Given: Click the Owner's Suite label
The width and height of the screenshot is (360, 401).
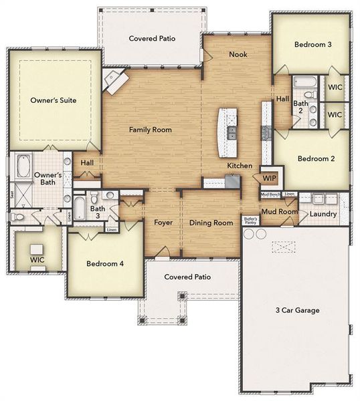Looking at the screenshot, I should pyautogui.click(x=53, y=100).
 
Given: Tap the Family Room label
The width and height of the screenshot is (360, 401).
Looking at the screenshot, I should pyautogui.click(x=151, y=130).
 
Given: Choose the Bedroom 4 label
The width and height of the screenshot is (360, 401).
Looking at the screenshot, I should pyautogui.click(x=105, y=263).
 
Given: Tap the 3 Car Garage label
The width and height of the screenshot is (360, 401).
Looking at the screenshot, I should pyautogui.click(x=298, y=310).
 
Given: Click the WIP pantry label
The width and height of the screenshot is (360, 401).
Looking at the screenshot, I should pyautogui.click(x=269, y=178).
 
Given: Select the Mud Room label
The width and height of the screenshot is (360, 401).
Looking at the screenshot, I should pyautogui.click(x=278, y=212).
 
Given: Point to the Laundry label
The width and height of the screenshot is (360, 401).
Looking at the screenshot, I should pyautogui.click(x=323, y=214).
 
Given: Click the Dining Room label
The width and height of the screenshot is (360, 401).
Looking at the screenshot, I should pyautogui.click(x=211, y=223).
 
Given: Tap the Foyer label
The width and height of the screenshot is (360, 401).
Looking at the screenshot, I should pyautogui.click(x=164, y=223).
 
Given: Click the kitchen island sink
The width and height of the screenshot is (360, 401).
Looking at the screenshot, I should pyautogui.click(x=232, y=131).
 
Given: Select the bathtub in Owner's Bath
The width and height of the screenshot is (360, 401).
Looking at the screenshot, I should pyautogui.click(x=23, y=164).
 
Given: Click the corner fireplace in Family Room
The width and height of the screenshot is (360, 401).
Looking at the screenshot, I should pyautogui.click(x=114, y=82).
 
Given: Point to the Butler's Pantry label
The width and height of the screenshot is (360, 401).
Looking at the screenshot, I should pyautogui.click(x=250, y=221).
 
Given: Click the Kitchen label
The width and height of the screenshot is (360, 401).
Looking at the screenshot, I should pyautogui.click(x=240, y=165).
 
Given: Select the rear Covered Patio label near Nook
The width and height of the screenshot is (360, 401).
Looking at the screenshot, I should pyautogui.click(x=152, y=39).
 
